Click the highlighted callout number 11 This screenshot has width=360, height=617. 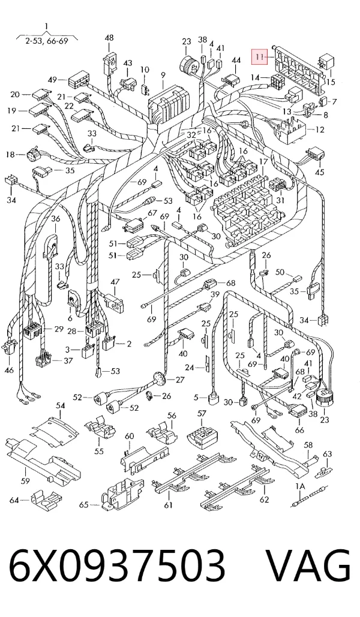(x=259, y=56)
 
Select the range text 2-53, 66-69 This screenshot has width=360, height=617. (x=47, y=41)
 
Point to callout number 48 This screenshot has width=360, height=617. (x=109, y=38)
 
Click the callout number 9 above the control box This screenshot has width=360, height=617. (x=163, y=75)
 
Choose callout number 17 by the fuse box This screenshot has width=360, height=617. (x=263, y=161)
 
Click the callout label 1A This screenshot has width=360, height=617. (x=301, y=487)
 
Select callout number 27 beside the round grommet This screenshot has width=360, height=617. (x=180, y=380)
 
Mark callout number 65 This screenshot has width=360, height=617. (x=84, y=504)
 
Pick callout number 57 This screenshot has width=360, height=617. (x=202, y=413)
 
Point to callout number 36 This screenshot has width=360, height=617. (x=55, y=219)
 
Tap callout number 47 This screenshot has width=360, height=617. (x=115, y=282)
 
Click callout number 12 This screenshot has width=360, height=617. (x=320, y=130)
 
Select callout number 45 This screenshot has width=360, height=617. (x=319, y=172)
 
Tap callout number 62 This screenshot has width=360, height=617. (x=264, y=499)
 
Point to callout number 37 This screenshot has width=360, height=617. (x=68, y=360)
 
